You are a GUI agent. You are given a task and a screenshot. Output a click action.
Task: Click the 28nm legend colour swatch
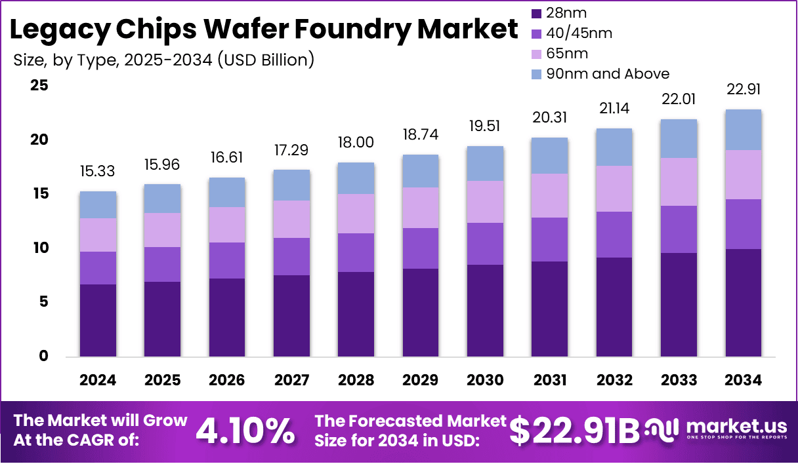(536, 13)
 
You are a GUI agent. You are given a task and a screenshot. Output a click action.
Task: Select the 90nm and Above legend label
(608, 73)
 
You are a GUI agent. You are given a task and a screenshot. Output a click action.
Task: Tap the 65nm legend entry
(567, 54)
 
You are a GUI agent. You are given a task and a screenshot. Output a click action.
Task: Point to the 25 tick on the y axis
(39, 86)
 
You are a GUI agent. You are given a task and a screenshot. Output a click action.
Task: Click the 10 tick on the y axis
(39, 248)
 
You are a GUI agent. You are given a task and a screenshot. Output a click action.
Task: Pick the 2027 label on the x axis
(292, 381)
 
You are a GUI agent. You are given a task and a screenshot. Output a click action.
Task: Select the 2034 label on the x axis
(744, 381)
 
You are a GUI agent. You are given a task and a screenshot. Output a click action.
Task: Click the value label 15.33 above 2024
(98, 172)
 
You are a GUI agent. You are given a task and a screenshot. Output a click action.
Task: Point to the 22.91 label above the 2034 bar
(744, 90)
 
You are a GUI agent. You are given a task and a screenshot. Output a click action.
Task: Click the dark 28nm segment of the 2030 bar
(485, 311)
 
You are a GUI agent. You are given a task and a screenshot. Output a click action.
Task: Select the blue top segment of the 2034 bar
(744, 130)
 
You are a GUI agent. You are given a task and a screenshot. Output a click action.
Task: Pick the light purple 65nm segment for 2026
(227, 225)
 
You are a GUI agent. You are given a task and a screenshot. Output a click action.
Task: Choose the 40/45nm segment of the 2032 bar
(614, 235)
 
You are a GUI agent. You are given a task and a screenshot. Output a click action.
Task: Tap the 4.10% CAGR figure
(245, 431)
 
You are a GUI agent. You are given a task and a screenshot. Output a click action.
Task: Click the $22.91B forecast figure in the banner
(575, 431)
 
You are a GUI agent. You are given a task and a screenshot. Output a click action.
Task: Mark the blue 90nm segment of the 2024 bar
(98, 205)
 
